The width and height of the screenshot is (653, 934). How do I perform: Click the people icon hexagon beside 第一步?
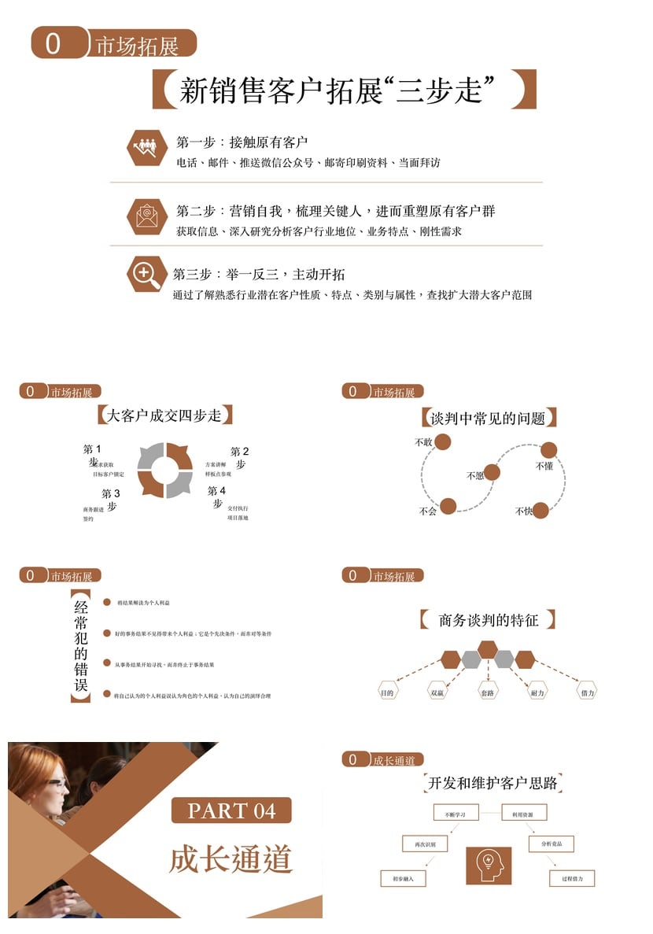[x=147, y=147]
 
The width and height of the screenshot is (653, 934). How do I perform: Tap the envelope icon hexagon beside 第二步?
[x=147, y=213]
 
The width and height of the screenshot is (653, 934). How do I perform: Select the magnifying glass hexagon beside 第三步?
[x=147, y=274]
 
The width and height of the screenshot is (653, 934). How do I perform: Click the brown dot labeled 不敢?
[x=443, y=441]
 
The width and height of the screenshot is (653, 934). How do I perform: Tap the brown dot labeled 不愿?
[x=492, y=472]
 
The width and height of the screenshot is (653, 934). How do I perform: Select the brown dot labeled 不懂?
[x=549, y=450]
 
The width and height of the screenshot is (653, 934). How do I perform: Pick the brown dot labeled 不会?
[x=448, y=506]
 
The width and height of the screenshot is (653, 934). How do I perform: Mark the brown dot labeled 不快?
[x=540, y=510]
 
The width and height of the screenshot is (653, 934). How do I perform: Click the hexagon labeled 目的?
[x=387, y=692]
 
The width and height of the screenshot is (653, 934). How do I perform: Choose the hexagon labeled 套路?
[x=488, y=692]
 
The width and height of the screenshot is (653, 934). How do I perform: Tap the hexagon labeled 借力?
[x=587, y=692]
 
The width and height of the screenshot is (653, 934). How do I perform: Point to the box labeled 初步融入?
[x=403, y=877]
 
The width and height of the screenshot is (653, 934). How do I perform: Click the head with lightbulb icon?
[x=489, y=864]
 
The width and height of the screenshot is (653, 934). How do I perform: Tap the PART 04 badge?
[x=232, y=810]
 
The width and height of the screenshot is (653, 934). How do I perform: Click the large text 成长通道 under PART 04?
[x=231, y=858]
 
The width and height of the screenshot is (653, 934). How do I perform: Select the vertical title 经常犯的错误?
[x=80, y=645]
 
